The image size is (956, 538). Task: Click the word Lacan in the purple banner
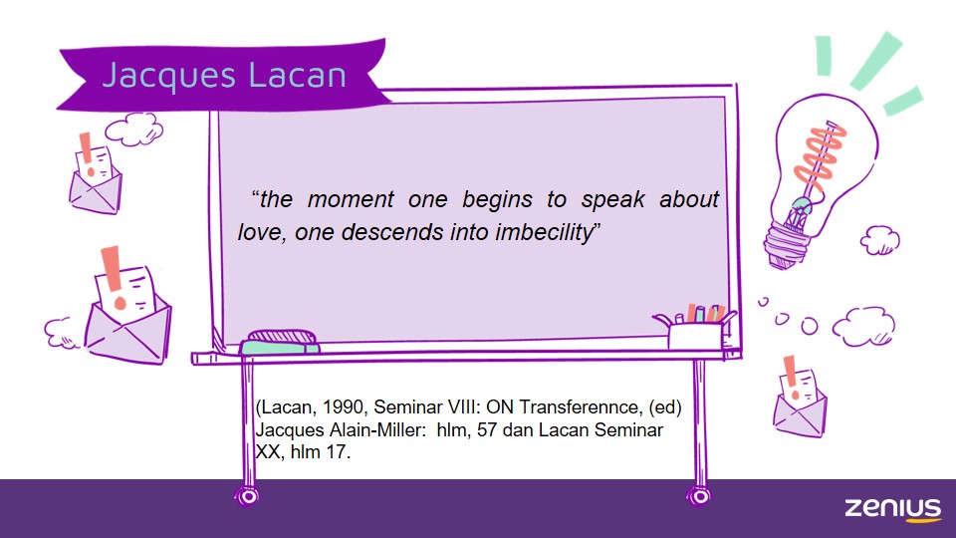[298, 75]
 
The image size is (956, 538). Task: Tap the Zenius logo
[892, 509]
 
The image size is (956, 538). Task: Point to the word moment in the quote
[350, 199]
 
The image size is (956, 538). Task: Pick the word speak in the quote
[612, 200]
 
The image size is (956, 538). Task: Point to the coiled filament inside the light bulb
[820, 156]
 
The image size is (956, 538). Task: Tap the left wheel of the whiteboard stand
[247, 496]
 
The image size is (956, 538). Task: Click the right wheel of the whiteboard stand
[699, 496]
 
